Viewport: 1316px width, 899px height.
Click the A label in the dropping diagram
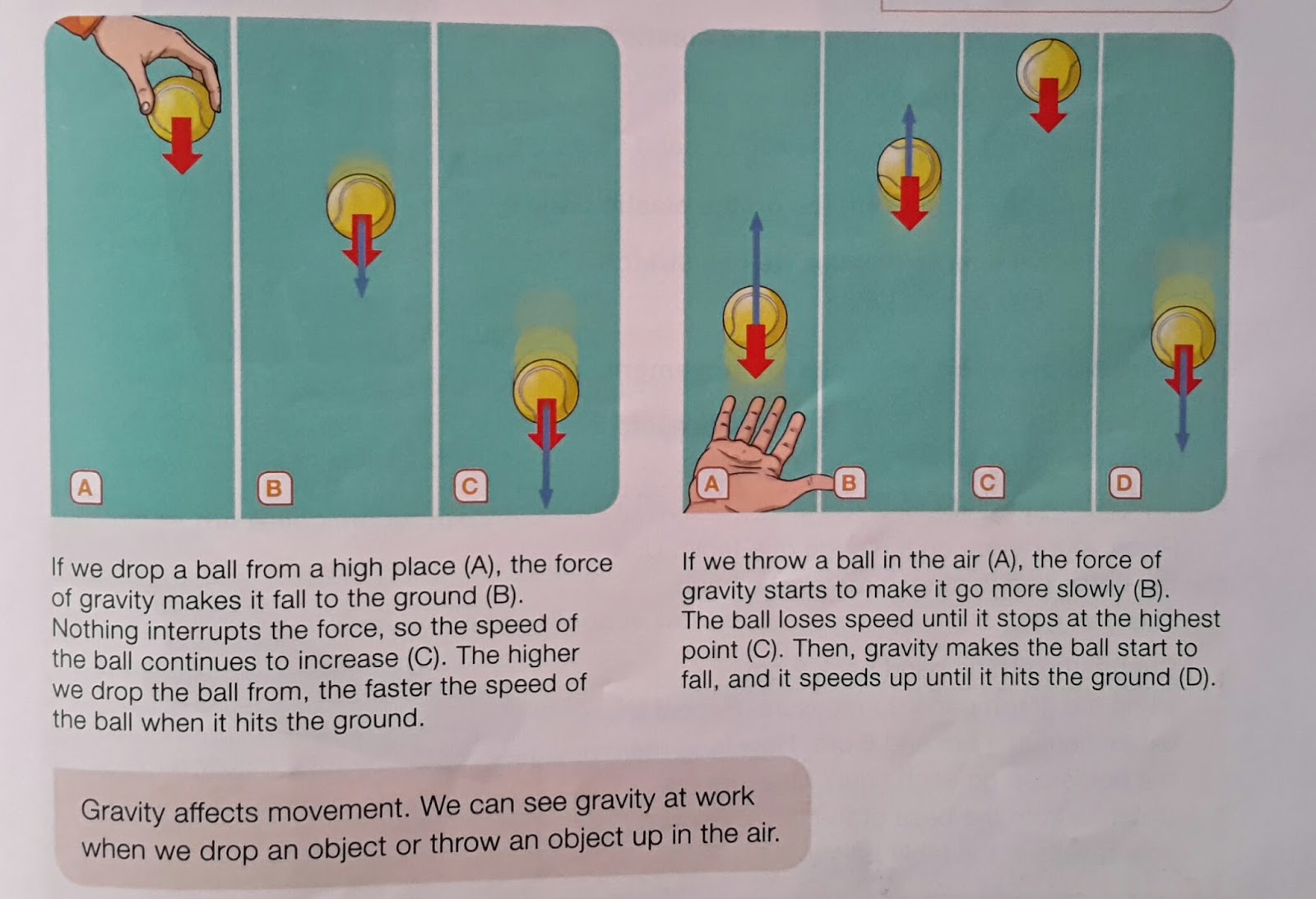85,487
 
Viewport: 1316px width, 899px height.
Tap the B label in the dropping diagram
273,488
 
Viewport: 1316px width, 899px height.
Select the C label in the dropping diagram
470,486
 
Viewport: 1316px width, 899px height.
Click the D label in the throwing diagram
1124,482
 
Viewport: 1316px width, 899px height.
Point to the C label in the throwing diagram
987,482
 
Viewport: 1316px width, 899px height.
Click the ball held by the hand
181,107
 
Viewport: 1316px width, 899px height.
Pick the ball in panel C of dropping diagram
545,388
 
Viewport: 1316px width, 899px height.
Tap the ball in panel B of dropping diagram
360,206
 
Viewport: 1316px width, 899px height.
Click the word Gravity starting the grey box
123,811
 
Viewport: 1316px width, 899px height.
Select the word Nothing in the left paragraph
95,629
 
